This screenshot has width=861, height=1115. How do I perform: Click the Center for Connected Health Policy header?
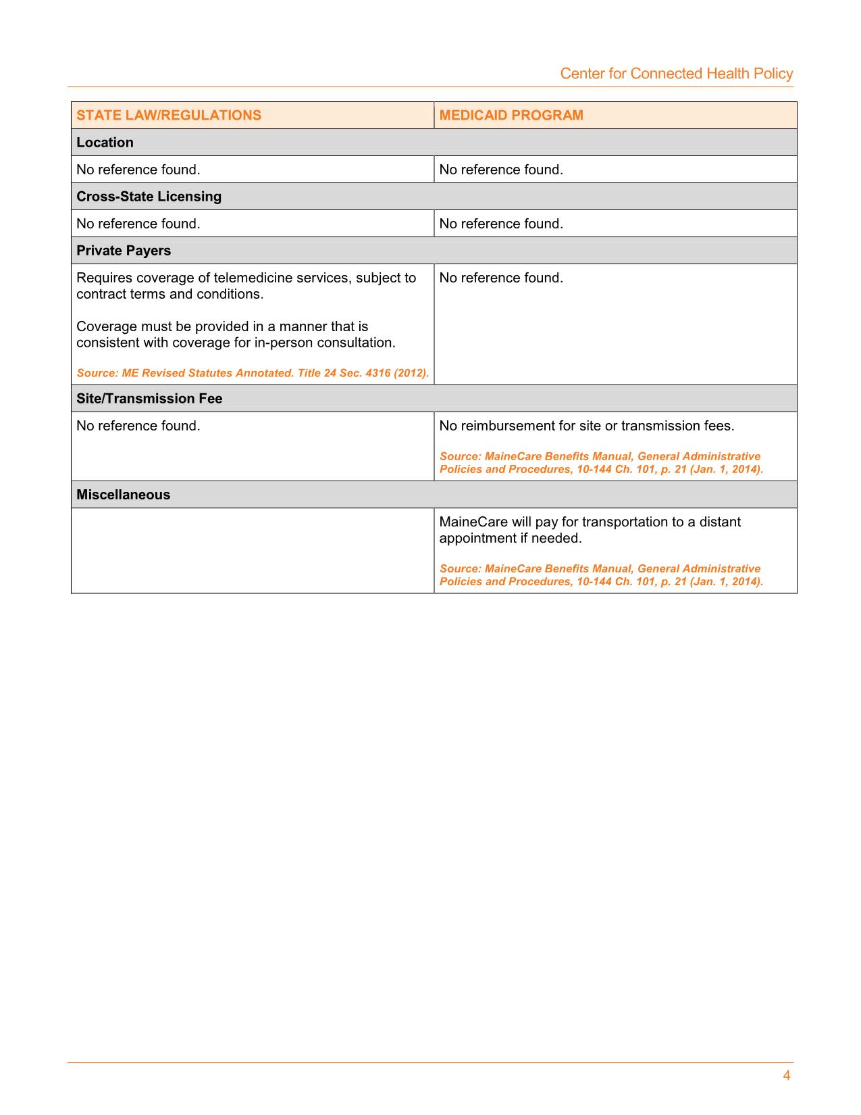(676, 74)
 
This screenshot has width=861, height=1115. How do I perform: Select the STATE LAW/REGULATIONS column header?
(169, 116)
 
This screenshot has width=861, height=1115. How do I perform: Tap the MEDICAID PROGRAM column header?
(511, 116)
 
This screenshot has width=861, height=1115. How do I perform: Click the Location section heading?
(105, 143)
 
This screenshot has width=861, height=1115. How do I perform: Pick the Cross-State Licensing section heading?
(149, 197)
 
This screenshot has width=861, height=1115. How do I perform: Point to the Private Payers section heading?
(124, 251)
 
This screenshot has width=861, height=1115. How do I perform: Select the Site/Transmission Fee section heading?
(149, 399)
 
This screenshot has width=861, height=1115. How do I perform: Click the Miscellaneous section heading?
(123, 495)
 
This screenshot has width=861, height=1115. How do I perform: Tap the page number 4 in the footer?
(786, 1076)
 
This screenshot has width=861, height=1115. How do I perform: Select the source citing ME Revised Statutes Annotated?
(253, 373)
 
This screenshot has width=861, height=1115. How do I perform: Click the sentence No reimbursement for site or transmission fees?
(586, 426)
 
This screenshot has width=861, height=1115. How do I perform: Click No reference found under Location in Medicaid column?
(500, 170)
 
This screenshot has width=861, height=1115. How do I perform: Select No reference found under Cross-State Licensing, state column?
(138, 224)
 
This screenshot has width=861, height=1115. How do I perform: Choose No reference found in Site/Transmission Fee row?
(138, 426)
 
